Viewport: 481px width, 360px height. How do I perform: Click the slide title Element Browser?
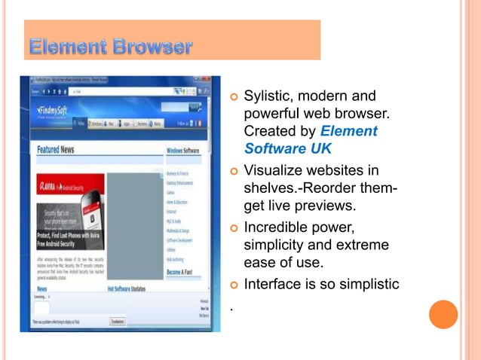pyautogui.click(x=110, y=48)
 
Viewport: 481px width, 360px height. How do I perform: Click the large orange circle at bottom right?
pyautogui.click(x=443, y=314)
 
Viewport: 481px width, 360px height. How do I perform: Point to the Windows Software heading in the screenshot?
pyautogui.click(x=183, y=151)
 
